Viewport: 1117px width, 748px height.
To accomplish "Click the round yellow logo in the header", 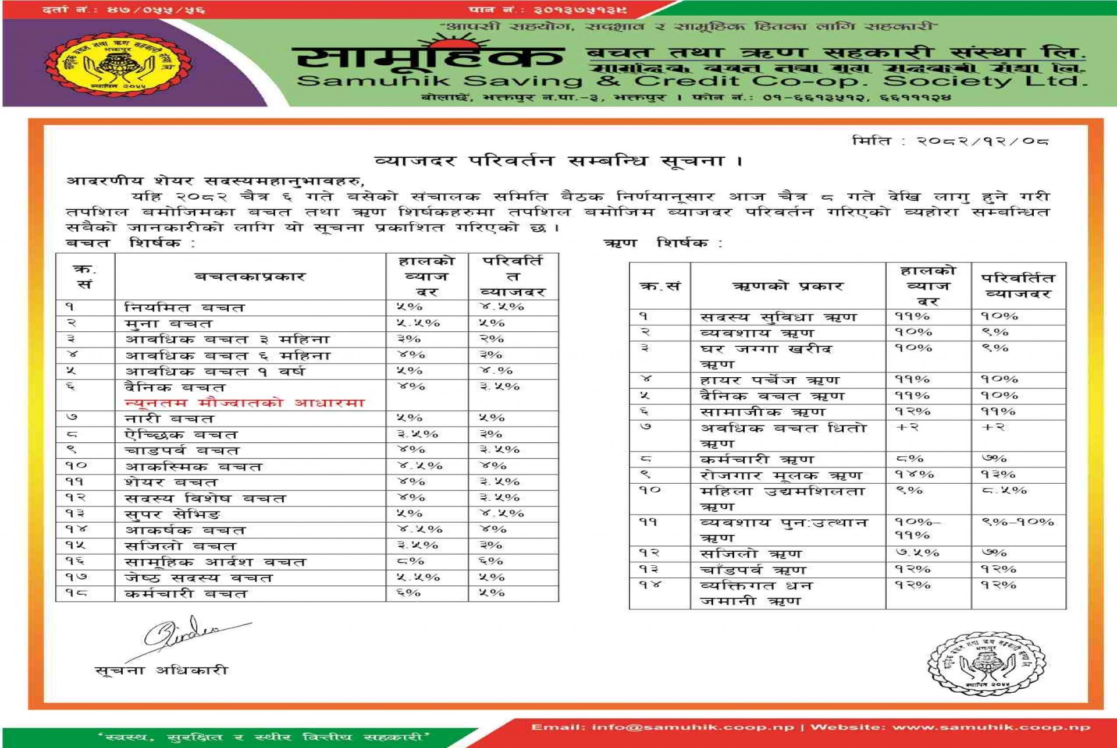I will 119,64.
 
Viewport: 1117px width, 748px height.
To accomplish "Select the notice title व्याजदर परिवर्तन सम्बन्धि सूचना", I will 557,161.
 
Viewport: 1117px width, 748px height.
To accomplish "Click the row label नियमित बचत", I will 184,307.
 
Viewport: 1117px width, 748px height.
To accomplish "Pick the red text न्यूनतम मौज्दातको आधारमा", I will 244,403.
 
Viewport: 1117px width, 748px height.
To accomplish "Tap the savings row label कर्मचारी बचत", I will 186,594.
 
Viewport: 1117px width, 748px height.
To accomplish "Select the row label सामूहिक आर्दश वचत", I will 215,562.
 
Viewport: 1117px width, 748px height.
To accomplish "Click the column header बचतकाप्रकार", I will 250,276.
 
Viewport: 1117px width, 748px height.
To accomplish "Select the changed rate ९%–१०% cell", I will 1018,522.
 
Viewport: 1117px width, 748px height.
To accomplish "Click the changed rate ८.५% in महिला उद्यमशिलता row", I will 1004,491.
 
